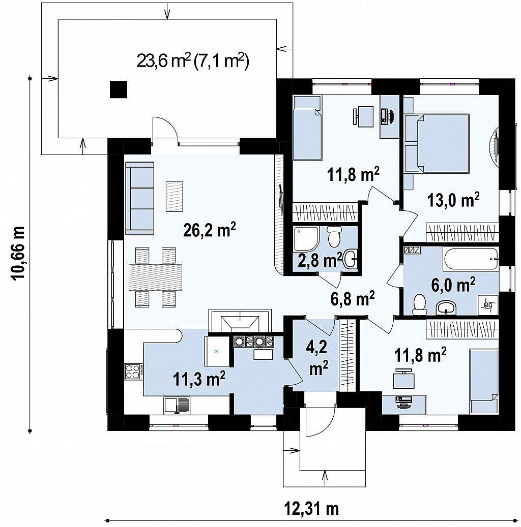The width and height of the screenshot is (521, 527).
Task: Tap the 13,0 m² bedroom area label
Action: pyautogui.click(x=453, y=201)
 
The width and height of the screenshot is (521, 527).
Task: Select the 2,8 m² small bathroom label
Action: pyautogui.click(x=320, y=260)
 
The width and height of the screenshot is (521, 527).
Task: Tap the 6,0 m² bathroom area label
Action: pyautogui.click(x=453, y=285)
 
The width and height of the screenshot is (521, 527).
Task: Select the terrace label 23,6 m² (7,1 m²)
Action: pyautogui.click(x=193, y=61)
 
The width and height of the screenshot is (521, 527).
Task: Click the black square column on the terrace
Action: pyautogui.click(x=119, y=89)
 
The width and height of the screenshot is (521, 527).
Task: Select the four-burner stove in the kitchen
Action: pyautogui.click(x=134, y=371)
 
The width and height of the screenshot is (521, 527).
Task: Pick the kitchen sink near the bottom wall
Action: pyautogui.click(x=177, y=405)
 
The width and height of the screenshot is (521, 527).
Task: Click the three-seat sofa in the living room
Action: pyautogui.click(x=140, y=198)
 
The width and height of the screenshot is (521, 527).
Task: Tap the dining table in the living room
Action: pyautogui.click(x=156, y=277)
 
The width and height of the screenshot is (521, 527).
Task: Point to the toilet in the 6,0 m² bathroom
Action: pyautogui.click(x=419, y=305)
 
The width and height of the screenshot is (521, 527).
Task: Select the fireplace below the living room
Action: pyautogui.click(x=240, y=321)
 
